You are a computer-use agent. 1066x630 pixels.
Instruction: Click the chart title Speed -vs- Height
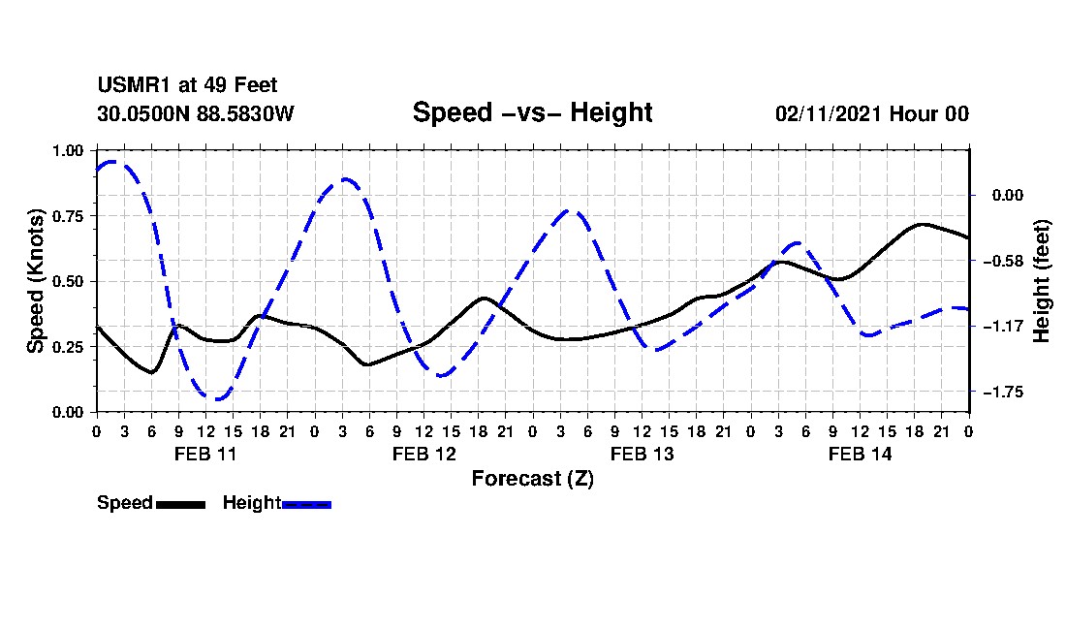[x=532, y=112]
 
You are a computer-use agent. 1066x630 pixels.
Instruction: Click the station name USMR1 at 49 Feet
[x=187, y=86]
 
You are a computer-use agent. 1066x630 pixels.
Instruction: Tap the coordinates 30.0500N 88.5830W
[x=195, y=113]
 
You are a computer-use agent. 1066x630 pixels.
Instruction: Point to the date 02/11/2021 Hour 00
[x=871, y=113]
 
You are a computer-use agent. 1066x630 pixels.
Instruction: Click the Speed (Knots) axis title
[x=35, y=281]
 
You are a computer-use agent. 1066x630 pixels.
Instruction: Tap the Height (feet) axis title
[x=1043, y=281]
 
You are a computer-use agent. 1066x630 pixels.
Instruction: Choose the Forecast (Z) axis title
[x=532, y=478]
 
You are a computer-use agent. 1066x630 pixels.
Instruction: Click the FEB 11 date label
[x=204, y=454]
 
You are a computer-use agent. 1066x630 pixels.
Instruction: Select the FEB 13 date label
[x=642, y=454]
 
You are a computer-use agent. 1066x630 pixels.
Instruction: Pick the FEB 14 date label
[x=860, y=454]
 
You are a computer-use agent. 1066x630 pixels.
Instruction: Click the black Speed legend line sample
[x=180, y=504]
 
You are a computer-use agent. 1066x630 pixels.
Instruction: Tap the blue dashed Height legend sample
[x=306, y=504]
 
